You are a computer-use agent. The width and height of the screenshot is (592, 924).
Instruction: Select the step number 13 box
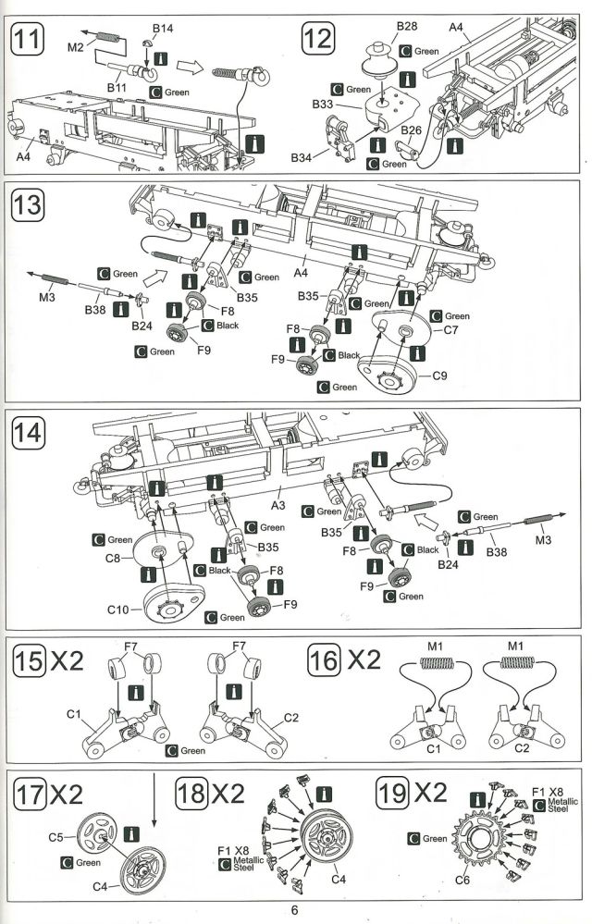click(x=28, y=205)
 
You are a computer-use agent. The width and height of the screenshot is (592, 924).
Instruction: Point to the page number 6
click(x=294, y=909)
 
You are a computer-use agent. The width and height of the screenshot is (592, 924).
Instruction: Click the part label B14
click(x=163, y=29)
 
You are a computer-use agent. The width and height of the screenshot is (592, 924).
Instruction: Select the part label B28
click(x=407, y=27)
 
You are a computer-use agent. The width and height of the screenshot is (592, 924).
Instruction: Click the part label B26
click(x=412, y=129)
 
